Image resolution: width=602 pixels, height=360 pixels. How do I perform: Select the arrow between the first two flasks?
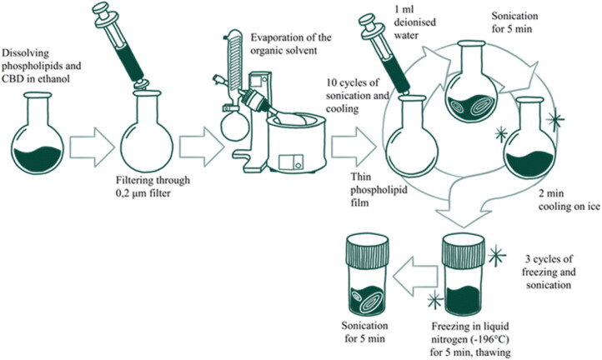[93, 147]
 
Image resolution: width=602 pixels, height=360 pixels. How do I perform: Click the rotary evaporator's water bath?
[296, 145]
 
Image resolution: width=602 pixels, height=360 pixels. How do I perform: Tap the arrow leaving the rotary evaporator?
[354, 147]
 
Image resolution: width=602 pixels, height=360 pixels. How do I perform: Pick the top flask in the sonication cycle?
[471, 82]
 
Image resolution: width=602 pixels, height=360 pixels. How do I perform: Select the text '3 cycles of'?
[547, 259]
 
